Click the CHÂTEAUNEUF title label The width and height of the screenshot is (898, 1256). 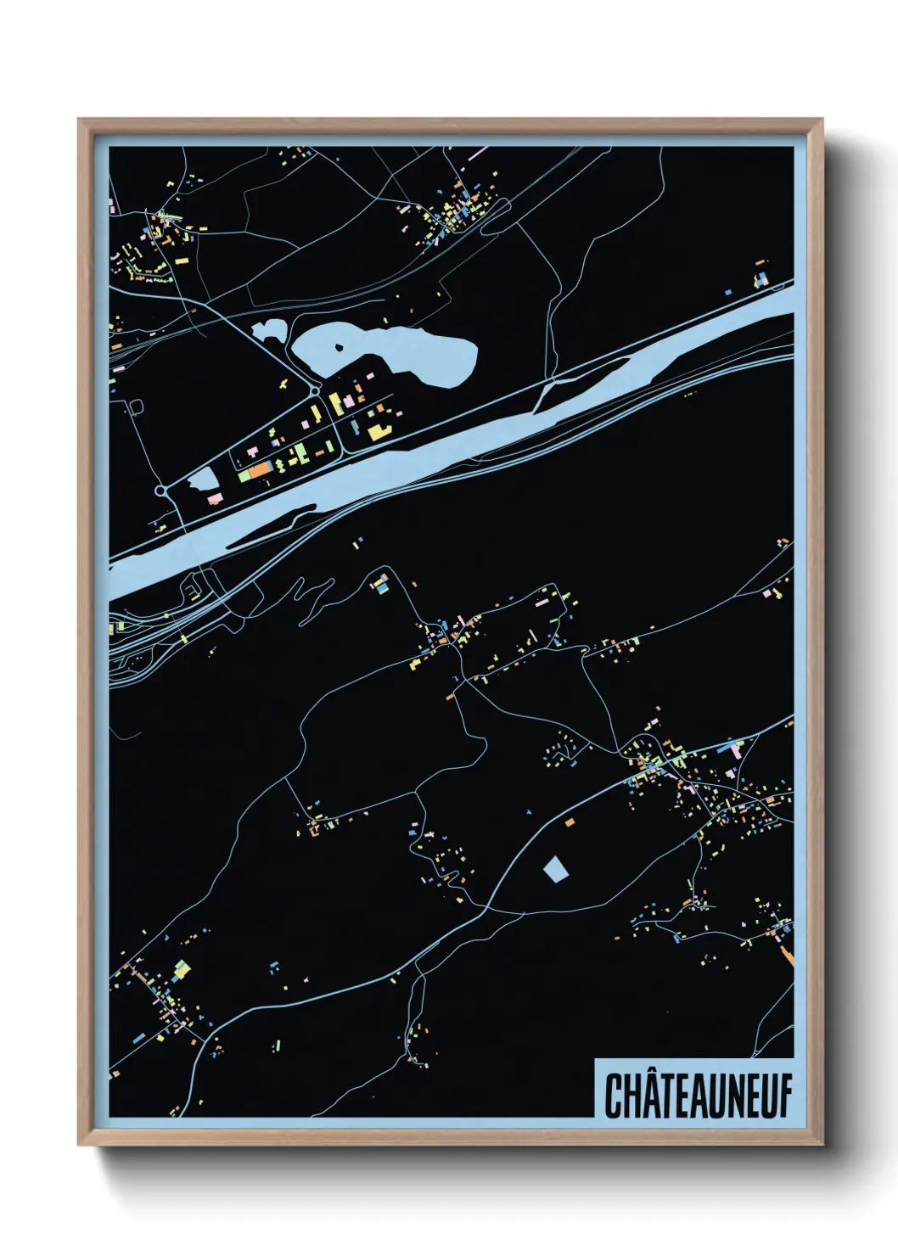[x=696, y=1096]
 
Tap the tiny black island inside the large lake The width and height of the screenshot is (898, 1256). [x=340, y=346]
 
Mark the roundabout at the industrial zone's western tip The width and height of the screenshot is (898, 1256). [x=161, y=491]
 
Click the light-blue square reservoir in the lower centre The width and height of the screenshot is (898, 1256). [x=555, y=868]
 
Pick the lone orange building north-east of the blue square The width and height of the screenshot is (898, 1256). [x=569, y=821]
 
